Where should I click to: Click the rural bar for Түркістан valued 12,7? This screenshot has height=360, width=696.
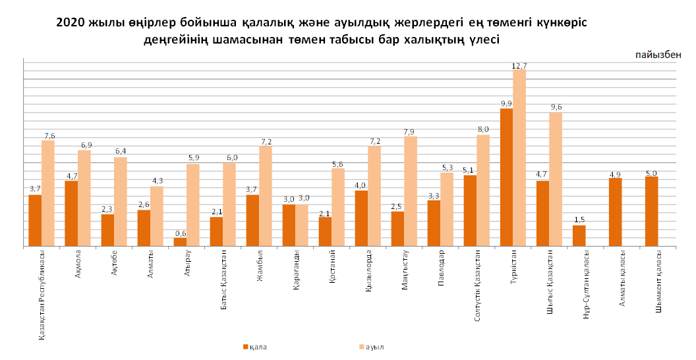(519, 158)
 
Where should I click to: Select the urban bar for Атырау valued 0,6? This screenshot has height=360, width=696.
(180, 242)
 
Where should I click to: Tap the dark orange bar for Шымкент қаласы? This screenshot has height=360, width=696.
(651, 212)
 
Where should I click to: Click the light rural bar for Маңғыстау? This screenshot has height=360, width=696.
(411, 191)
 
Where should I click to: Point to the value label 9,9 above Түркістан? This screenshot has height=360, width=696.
(506, 104)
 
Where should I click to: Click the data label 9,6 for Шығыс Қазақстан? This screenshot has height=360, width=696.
(556, 107)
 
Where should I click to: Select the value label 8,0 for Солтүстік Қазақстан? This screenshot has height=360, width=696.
(483, 129)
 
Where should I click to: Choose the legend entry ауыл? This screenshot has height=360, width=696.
(374, 346)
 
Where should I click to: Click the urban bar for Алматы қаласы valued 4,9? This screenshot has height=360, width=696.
(615, 212)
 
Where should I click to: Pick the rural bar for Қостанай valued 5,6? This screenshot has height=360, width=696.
(338, 208)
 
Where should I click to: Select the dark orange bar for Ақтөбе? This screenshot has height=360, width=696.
(107, 230)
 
